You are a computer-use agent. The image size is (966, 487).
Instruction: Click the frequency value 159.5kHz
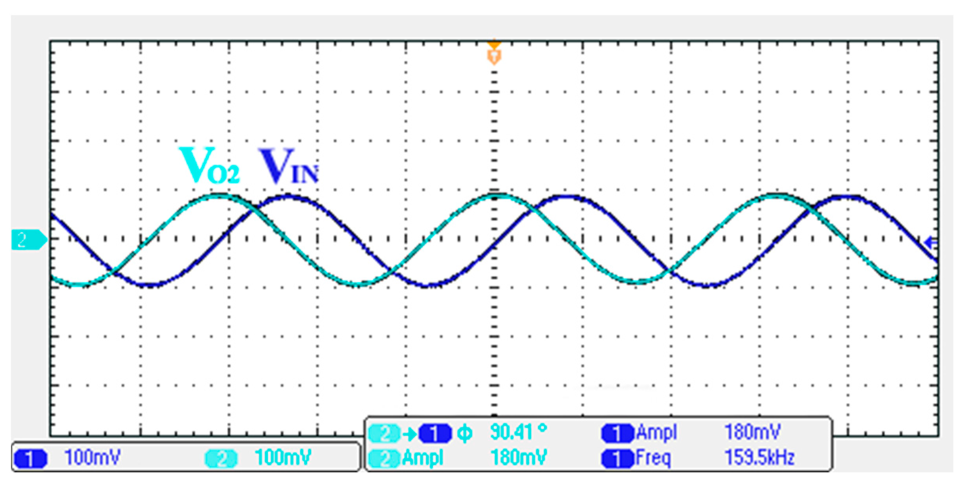tap(759, 458)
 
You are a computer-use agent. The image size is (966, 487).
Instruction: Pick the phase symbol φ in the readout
tap(465, 434)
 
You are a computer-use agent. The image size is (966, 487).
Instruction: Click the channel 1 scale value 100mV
tap(92, 458)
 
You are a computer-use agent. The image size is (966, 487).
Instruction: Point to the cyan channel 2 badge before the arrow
tap(385, 434)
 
